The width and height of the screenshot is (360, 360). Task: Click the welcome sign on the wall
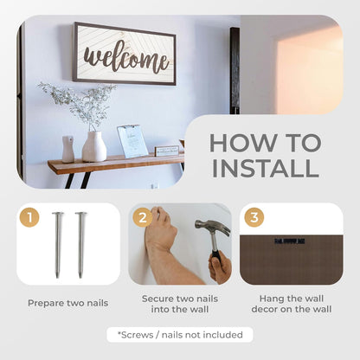pyautogui.click(x=124, y=54)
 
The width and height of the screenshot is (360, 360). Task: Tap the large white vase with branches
pyautogui.click(x=94, y=146)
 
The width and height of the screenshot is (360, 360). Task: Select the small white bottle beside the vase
pyautogui.click(x=68, y=149)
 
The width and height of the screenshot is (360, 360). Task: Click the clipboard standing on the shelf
pyautogui.click(x=132, y=141)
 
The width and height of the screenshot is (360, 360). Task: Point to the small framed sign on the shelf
pyautogui.click(x=167, y=151)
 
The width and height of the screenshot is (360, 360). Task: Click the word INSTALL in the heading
pyautogui.click(x=266, y=168)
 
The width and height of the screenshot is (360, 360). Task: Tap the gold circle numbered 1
pyautogui.click(x=29, y=217)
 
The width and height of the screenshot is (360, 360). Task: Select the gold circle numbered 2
pyautogui.click(x=143, y=217)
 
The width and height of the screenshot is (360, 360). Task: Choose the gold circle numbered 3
pyautogui.click(x=254, y=217)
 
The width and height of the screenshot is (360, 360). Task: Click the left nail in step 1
pyautogui.click(x=58, y=245)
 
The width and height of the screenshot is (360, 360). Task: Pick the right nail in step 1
pyautogui.click(x=80, y=245)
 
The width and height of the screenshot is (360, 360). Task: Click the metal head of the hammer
pyautogui.click(x=213, y=227)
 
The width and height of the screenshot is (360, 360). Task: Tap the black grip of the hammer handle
pyautogui.click(x=215, y=258)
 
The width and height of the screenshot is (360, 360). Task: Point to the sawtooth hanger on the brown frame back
pyautogui.click(x=289, y=241)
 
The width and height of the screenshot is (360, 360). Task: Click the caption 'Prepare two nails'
pyautogui.click(x=68, y=303)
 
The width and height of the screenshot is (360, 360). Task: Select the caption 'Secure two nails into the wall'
pyautogui.click(x=180, y=304)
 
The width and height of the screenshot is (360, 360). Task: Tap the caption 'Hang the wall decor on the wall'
pyautogui.click(x=292, y=304)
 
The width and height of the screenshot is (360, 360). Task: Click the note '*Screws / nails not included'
pyautogui.click(x=180, y=335)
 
